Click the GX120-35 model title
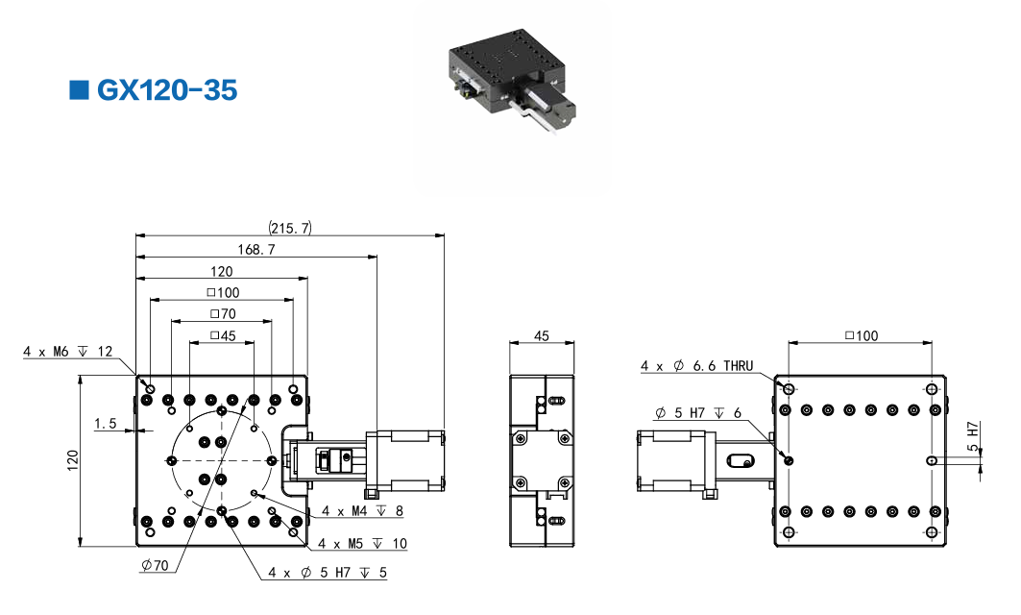coord(166,91)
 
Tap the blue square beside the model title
coord(79,90)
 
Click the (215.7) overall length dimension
coord(290,228)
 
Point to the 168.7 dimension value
coord(256,250)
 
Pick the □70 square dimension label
coord(222,313)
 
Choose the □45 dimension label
coord(222,335)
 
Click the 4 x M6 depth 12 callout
coord(68,352)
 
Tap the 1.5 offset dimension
coord(106,422)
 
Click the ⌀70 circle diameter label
coord(154,565)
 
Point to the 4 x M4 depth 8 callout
coord(363,511)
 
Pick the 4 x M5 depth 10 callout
coord(362,544)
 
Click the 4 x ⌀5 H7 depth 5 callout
coord(328,573)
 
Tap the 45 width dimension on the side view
coord(541,335)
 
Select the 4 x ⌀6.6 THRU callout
coord(697,365)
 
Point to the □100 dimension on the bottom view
coord(861,335)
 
